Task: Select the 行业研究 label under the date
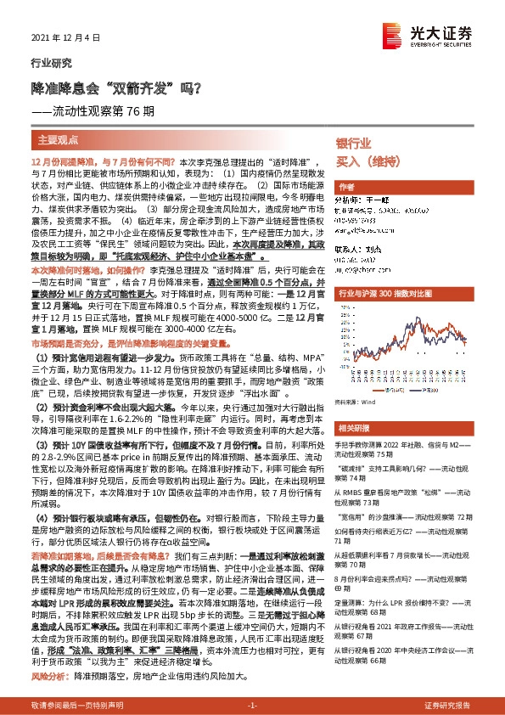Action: point(47,62)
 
